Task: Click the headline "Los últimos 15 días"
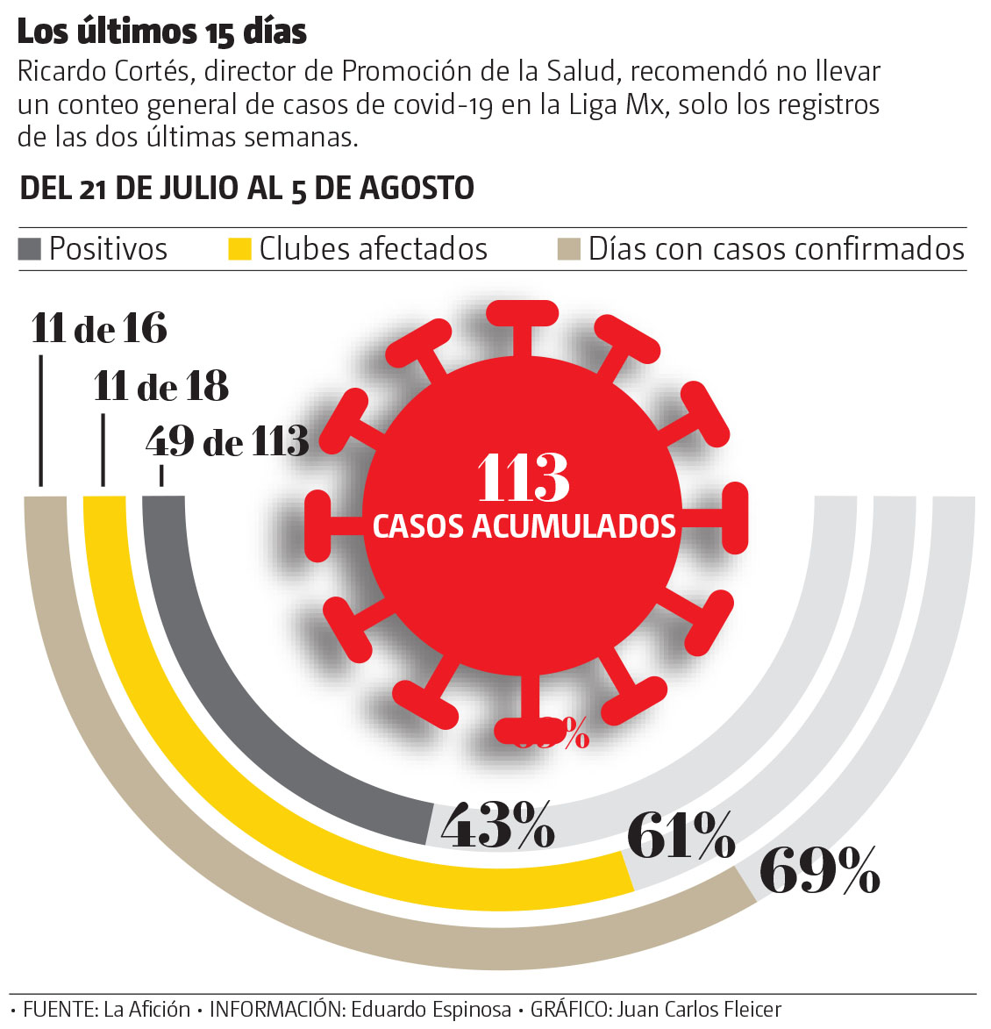click(162, 32)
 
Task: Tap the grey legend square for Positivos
click(30, 249)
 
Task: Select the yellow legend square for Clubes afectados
click(239, 249)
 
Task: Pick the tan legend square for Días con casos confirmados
click(568, 249)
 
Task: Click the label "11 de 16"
click(99, 329)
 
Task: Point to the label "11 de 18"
click(161, 386)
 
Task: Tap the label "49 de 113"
click(228, 441)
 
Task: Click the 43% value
click(497, 825)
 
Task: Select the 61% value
click(681, 835)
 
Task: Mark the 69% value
click(819, 870)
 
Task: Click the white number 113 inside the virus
click(524, 478)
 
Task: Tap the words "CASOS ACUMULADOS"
click(524, 526)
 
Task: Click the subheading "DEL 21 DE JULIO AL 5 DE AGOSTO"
click(247, 188)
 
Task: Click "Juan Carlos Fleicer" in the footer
click(698, 1010)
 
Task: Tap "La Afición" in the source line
click(146, 1010)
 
